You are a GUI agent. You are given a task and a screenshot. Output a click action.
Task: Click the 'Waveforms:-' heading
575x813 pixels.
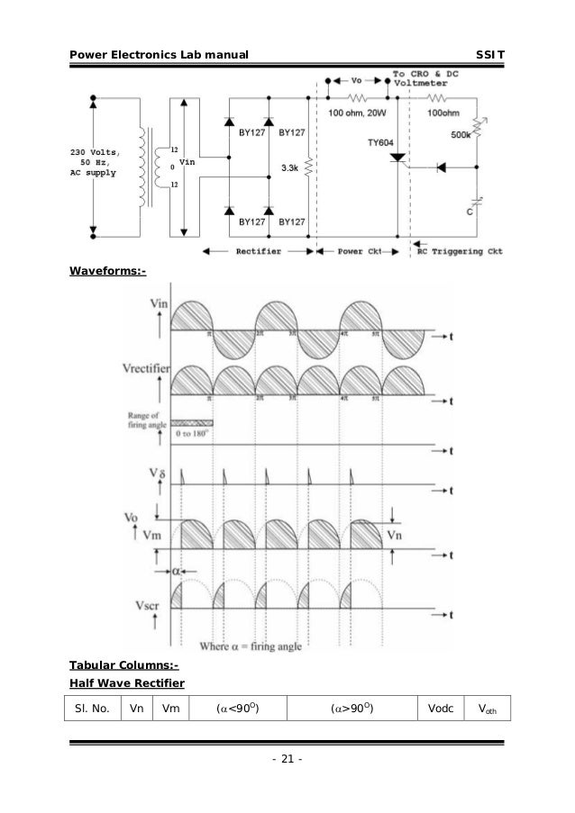tap(107, 269)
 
